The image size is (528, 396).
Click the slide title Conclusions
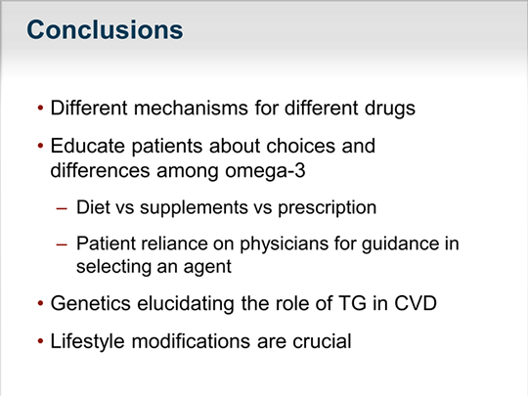(105, 30)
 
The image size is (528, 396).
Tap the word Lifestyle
(86, 343)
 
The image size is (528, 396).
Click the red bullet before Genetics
(40, 304)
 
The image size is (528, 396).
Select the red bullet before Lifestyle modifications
(40, 343)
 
